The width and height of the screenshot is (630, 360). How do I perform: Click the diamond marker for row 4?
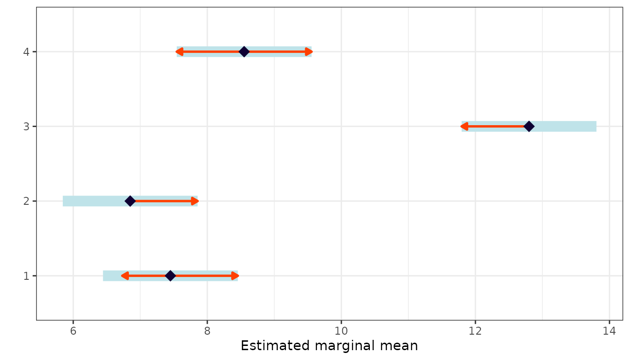pos(244,52)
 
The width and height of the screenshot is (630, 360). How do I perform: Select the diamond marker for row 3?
pos(529,126)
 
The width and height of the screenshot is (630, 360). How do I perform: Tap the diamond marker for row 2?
pos(130,201)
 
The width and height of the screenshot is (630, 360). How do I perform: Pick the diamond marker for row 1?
pos(170,276)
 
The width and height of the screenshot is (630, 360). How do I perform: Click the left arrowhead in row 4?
pos(180,52)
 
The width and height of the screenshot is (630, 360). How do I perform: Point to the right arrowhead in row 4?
pos(309,52)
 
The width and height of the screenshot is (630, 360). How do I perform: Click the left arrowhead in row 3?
pos(464,126)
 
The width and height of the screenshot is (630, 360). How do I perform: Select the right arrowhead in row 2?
pos(195,201)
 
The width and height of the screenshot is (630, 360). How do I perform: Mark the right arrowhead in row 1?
pos(235,276)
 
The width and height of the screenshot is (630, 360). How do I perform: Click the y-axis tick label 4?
pos(27,52)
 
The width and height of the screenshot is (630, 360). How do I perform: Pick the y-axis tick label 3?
pos(27,126)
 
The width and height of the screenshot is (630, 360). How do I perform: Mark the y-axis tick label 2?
pos(27,201)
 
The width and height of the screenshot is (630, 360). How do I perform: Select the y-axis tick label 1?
pos(27,276)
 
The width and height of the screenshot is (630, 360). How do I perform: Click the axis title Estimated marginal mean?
pos(329,346)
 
